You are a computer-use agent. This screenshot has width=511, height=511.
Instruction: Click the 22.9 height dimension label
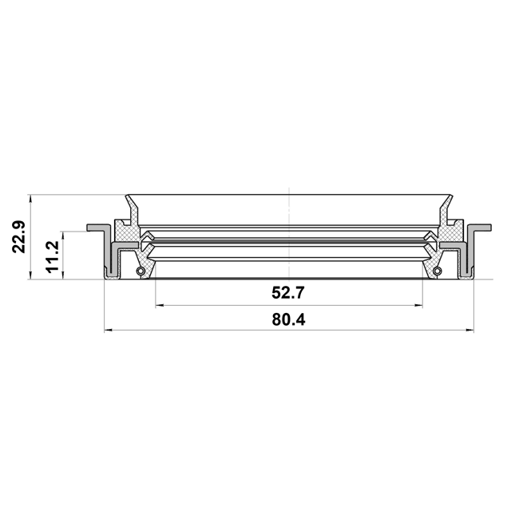click(x=18, y=237)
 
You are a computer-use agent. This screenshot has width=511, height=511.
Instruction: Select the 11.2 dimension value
click(x=52, y=257)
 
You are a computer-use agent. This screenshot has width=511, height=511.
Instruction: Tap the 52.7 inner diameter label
click(x=288, y=293)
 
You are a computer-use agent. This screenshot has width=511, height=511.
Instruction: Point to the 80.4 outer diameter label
click(x=289, y=320)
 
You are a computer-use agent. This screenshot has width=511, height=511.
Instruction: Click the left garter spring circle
click(x=141, y=271)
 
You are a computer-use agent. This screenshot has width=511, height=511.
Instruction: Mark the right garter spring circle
click(x=438, y=271)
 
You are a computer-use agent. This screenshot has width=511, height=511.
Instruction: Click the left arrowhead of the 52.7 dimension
click(x=160, y=306)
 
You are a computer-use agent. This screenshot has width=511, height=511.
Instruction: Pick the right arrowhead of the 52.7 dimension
click(x=418, y=306)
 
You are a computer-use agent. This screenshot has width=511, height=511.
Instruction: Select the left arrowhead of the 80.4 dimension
click(x=109, y=331)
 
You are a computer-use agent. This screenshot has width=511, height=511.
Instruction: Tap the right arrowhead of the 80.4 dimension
click(x=470, y=331)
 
